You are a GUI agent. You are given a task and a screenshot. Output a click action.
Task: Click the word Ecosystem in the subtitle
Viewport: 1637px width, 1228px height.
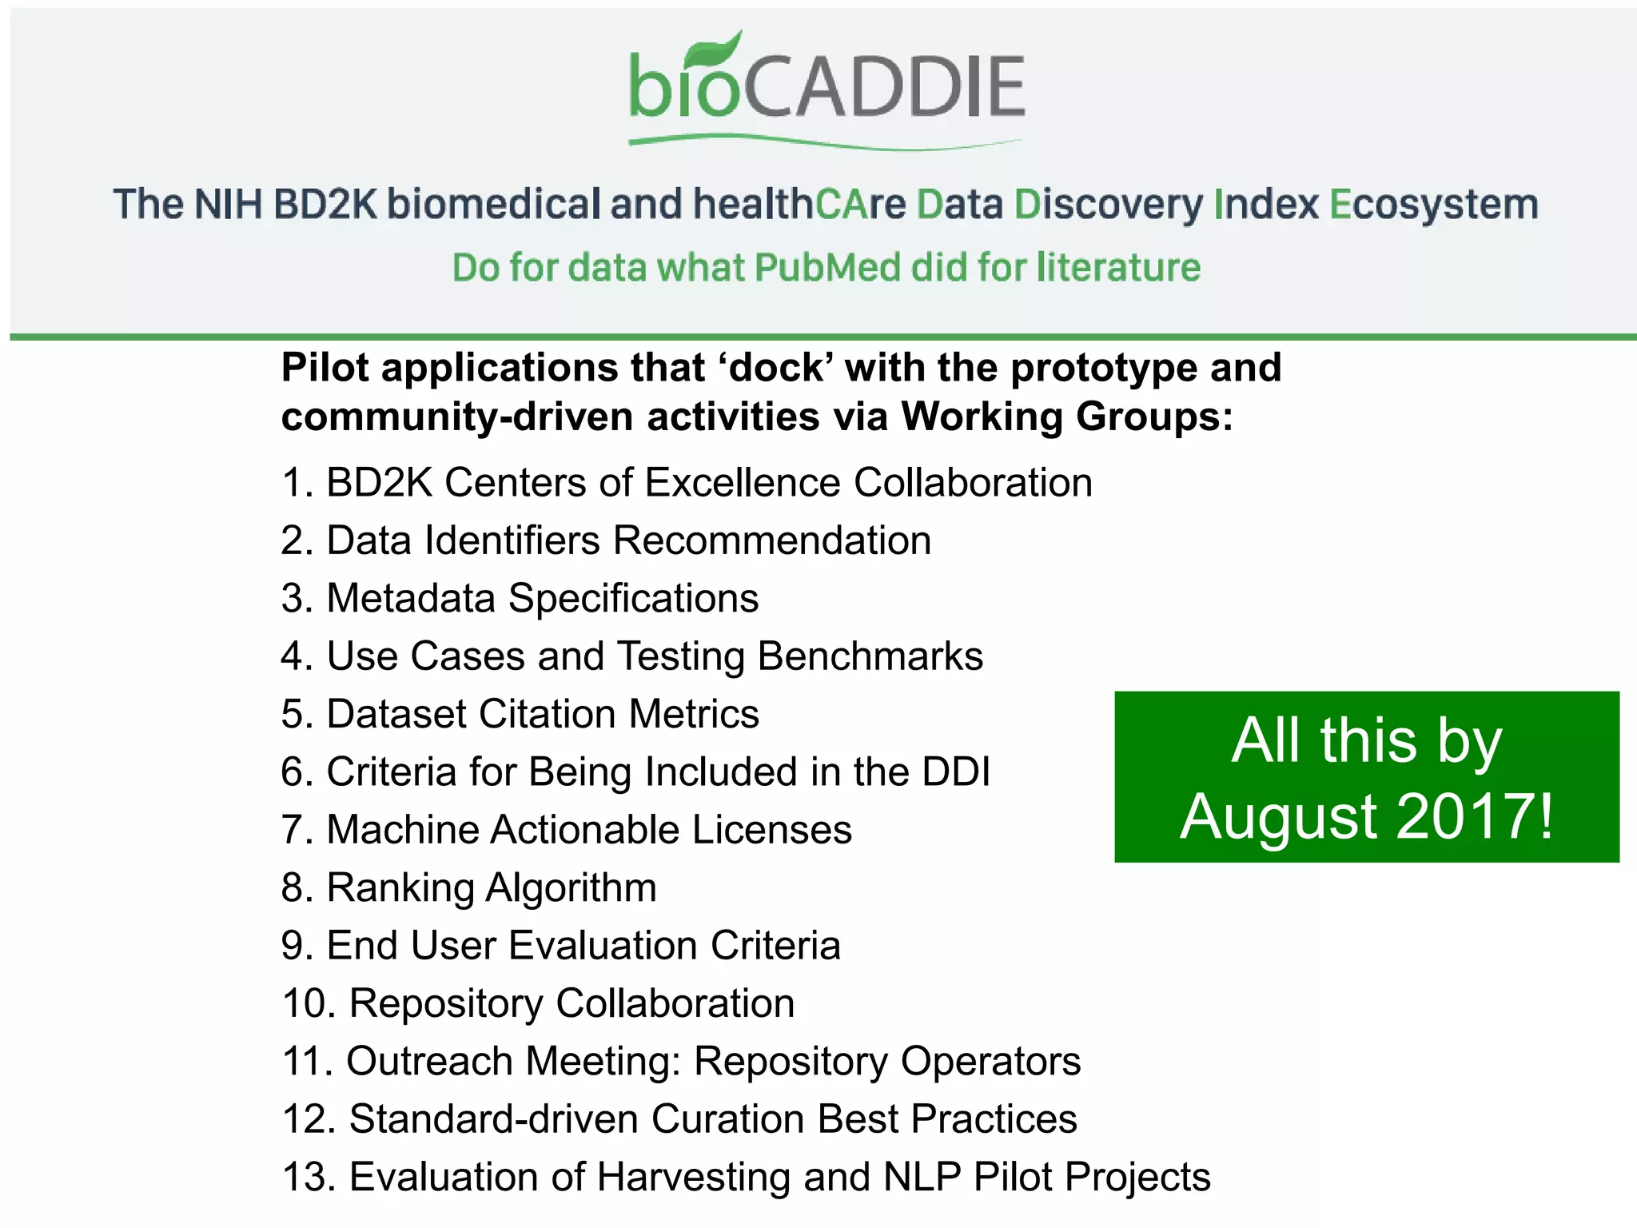click(1433, 205)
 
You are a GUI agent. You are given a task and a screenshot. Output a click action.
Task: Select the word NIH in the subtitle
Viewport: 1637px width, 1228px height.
click(228, 205)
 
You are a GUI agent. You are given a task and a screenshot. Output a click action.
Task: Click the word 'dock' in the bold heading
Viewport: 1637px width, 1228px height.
click(775, 369)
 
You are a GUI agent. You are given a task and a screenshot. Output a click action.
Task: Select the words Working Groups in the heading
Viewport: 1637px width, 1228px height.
click(1066, 417)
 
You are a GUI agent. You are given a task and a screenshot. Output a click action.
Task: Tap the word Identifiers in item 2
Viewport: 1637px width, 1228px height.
click(512, 541)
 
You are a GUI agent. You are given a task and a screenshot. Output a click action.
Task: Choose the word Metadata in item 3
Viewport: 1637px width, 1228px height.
click(411, 599)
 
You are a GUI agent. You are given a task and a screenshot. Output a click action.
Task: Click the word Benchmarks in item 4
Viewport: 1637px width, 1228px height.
click(870, 657)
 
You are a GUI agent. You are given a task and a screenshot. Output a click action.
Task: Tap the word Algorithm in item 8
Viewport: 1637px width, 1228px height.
click(571, 888)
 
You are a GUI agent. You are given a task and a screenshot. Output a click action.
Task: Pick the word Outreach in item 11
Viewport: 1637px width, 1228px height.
click(429, 1062)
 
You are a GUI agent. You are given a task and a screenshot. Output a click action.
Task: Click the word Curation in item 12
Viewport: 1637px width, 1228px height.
click(728, 1119)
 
